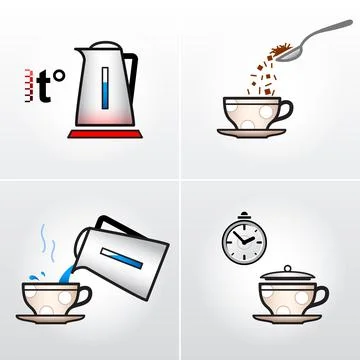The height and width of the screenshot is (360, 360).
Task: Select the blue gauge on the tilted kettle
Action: [128, 255]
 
